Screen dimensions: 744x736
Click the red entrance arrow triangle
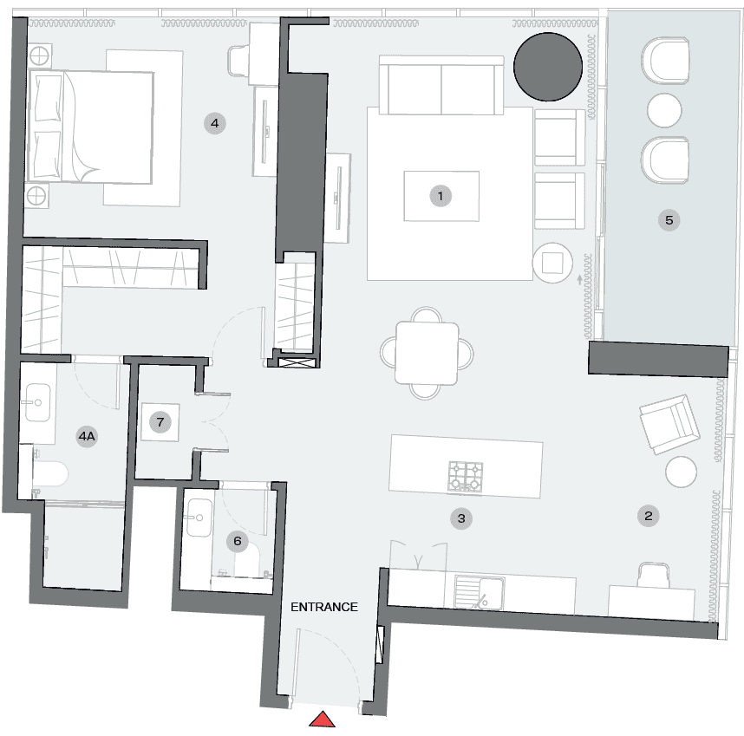pos(323,720)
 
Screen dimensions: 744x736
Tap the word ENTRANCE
pos(324,607)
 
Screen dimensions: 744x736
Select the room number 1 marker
pos(441,196)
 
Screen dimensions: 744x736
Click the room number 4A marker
pos(87,436)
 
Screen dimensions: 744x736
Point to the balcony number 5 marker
pos(669,220)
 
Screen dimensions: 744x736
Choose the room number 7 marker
pos(160,422)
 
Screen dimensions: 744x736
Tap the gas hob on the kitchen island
pos(466,476)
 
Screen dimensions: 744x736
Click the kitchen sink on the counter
pos(479,592)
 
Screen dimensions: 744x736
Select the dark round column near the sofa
pos(548,67)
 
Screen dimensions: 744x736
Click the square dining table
pos(427,353)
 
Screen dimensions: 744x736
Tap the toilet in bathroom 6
pos(247,561)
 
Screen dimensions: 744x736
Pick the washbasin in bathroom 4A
pos(38,402)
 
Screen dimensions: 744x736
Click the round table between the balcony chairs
pos(664,110)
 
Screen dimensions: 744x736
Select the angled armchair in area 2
pos(669,424)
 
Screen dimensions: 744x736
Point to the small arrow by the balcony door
pos(580,280)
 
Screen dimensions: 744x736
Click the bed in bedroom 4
pos(90,127)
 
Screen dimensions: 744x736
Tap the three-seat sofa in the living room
pos(441,85)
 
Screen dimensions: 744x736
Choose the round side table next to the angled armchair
pos(682,472)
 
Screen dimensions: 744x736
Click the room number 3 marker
pos(461,518)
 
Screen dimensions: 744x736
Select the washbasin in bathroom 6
pos(199,518)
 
